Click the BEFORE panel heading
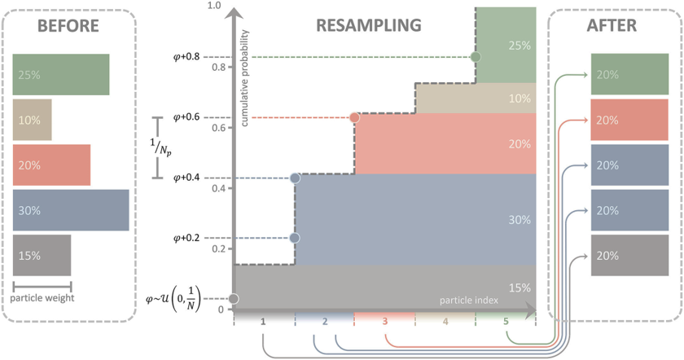pos(67,26)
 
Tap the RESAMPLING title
pos(368,26)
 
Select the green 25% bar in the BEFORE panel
pos(61,74)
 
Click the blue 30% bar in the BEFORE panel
pos(71,210)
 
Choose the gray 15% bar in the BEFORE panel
pos(42,255)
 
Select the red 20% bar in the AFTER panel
pos(630,120)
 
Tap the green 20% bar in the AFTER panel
pos(630,74)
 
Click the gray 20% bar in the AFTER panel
pos(630,255)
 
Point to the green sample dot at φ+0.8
pos(476,57)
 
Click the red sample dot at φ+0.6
pos(354,117)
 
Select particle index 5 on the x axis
pos(506,322)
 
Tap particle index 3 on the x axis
pos(384,322)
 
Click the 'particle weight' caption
pos(42,297)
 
